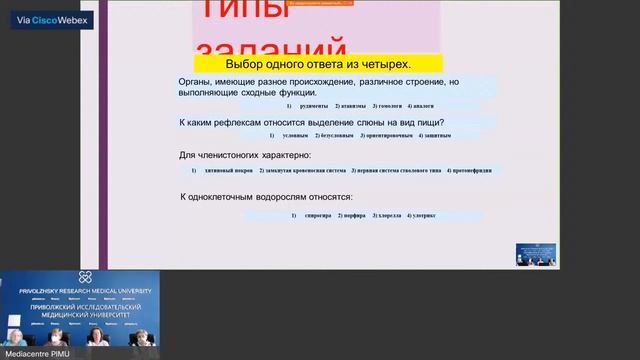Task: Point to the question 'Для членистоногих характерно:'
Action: click(245, 155)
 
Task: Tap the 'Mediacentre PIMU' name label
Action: click(31, 353)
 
